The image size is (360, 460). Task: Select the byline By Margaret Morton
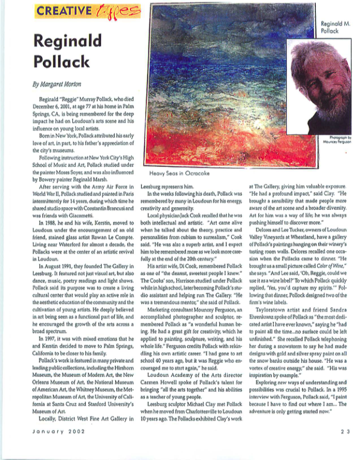[x=57, y=84]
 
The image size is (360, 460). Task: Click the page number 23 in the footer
[x=344, y=448]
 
